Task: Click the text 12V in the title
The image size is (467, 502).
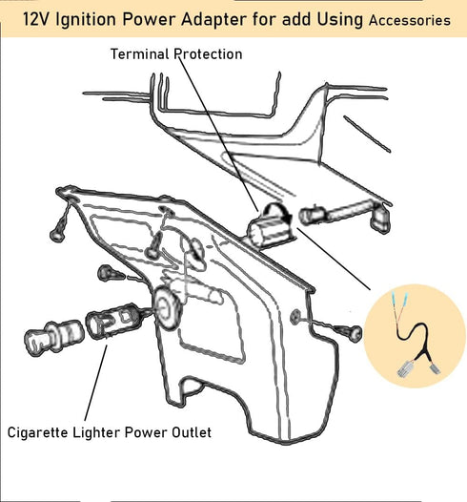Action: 36,19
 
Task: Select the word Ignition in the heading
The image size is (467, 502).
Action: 86,20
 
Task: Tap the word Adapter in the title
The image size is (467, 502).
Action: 213,20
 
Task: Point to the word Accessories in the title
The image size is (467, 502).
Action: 410,20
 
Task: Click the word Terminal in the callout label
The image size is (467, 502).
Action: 140,53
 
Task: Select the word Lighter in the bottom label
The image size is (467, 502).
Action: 96,433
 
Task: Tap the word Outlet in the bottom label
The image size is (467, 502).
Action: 192,432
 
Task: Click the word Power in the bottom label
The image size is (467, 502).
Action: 146,432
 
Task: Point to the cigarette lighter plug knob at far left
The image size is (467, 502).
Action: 53,338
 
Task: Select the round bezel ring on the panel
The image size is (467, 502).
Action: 167,308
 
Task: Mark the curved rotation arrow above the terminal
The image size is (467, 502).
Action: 277,211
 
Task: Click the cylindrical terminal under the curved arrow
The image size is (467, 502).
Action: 271,231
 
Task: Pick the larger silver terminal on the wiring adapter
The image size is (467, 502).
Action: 405,368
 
